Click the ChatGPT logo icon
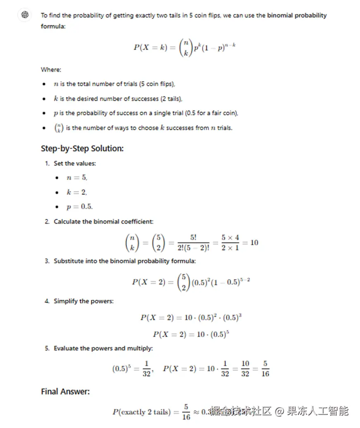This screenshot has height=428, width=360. coord(25,15)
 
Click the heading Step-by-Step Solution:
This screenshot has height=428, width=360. coord(82,148)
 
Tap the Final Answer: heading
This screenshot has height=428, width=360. coord(65,391)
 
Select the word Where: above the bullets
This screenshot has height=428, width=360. coord(51,69)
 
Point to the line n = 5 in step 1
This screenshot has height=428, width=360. coord(76,177)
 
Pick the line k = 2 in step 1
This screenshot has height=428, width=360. coord(76,192)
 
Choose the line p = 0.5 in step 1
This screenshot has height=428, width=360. coord(79,206)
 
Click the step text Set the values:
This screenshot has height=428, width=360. coord(74,163)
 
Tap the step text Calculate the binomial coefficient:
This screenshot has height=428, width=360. coord(103,222)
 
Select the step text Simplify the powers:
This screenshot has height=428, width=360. coord(83,301)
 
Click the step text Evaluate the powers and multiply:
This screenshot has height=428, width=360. coord(103,348)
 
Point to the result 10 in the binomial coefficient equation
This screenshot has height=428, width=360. coord(254,242)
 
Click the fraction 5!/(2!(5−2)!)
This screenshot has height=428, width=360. coord(193,243)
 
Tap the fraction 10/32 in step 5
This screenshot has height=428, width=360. coord(246,368)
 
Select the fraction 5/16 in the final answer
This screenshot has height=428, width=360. coord(186,412)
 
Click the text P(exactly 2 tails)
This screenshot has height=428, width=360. coord(141,412)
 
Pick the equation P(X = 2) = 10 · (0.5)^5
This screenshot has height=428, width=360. coord(191,334)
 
